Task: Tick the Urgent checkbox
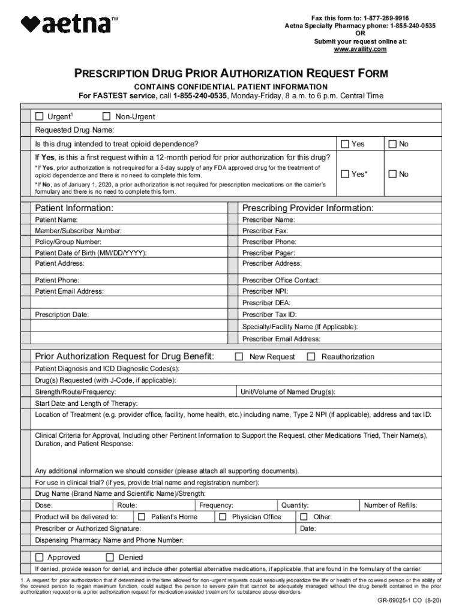pos(40,116)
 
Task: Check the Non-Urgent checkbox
pos(107,116)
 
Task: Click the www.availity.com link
pos(360,49)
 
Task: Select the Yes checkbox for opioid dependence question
pos(345,144)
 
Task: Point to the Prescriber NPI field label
pos(265,291)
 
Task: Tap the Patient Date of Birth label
pos(91,253)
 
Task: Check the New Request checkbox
pos(239,357)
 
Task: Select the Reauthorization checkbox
pos(311,357)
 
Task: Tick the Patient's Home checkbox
pos(142,517)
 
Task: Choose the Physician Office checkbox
pos(223,517)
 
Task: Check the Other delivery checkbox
pos(304,517)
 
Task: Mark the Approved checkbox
pos(40,557)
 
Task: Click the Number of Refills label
pos(391,505)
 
